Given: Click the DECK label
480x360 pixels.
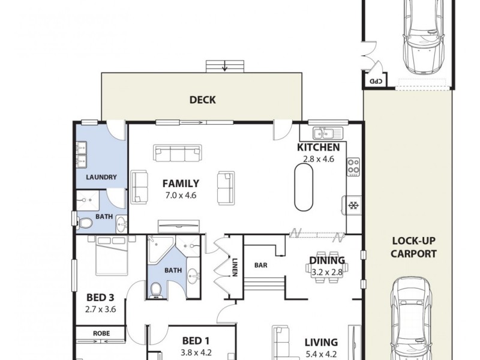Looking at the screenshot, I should [202, 100].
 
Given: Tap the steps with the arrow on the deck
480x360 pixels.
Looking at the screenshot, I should [225, 66].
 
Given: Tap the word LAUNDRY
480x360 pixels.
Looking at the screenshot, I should [101, 177].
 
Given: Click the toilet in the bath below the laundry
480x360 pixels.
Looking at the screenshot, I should [86, 224].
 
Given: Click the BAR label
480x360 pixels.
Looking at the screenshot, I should [261, 264].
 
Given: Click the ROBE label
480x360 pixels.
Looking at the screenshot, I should [100, 333].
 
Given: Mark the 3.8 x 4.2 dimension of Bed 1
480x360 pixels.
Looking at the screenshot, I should [196, 353].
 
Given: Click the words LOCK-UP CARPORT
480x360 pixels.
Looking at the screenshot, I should [413, 247].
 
